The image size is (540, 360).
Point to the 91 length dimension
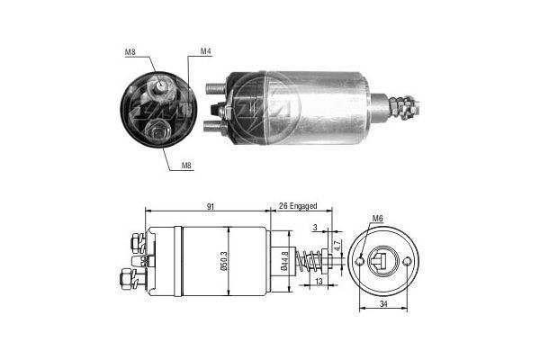[x=209, y=207]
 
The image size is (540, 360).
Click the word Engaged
[x=305, y=207]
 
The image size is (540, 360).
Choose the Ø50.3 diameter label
[x=231, y=262]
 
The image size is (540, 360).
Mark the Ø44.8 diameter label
[x=284, y=262]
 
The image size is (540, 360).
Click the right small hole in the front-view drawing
[x=407, y=262]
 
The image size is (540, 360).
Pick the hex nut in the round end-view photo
[x=160, y=133]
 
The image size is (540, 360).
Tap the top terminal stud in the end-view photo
[x=160, y=87]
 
